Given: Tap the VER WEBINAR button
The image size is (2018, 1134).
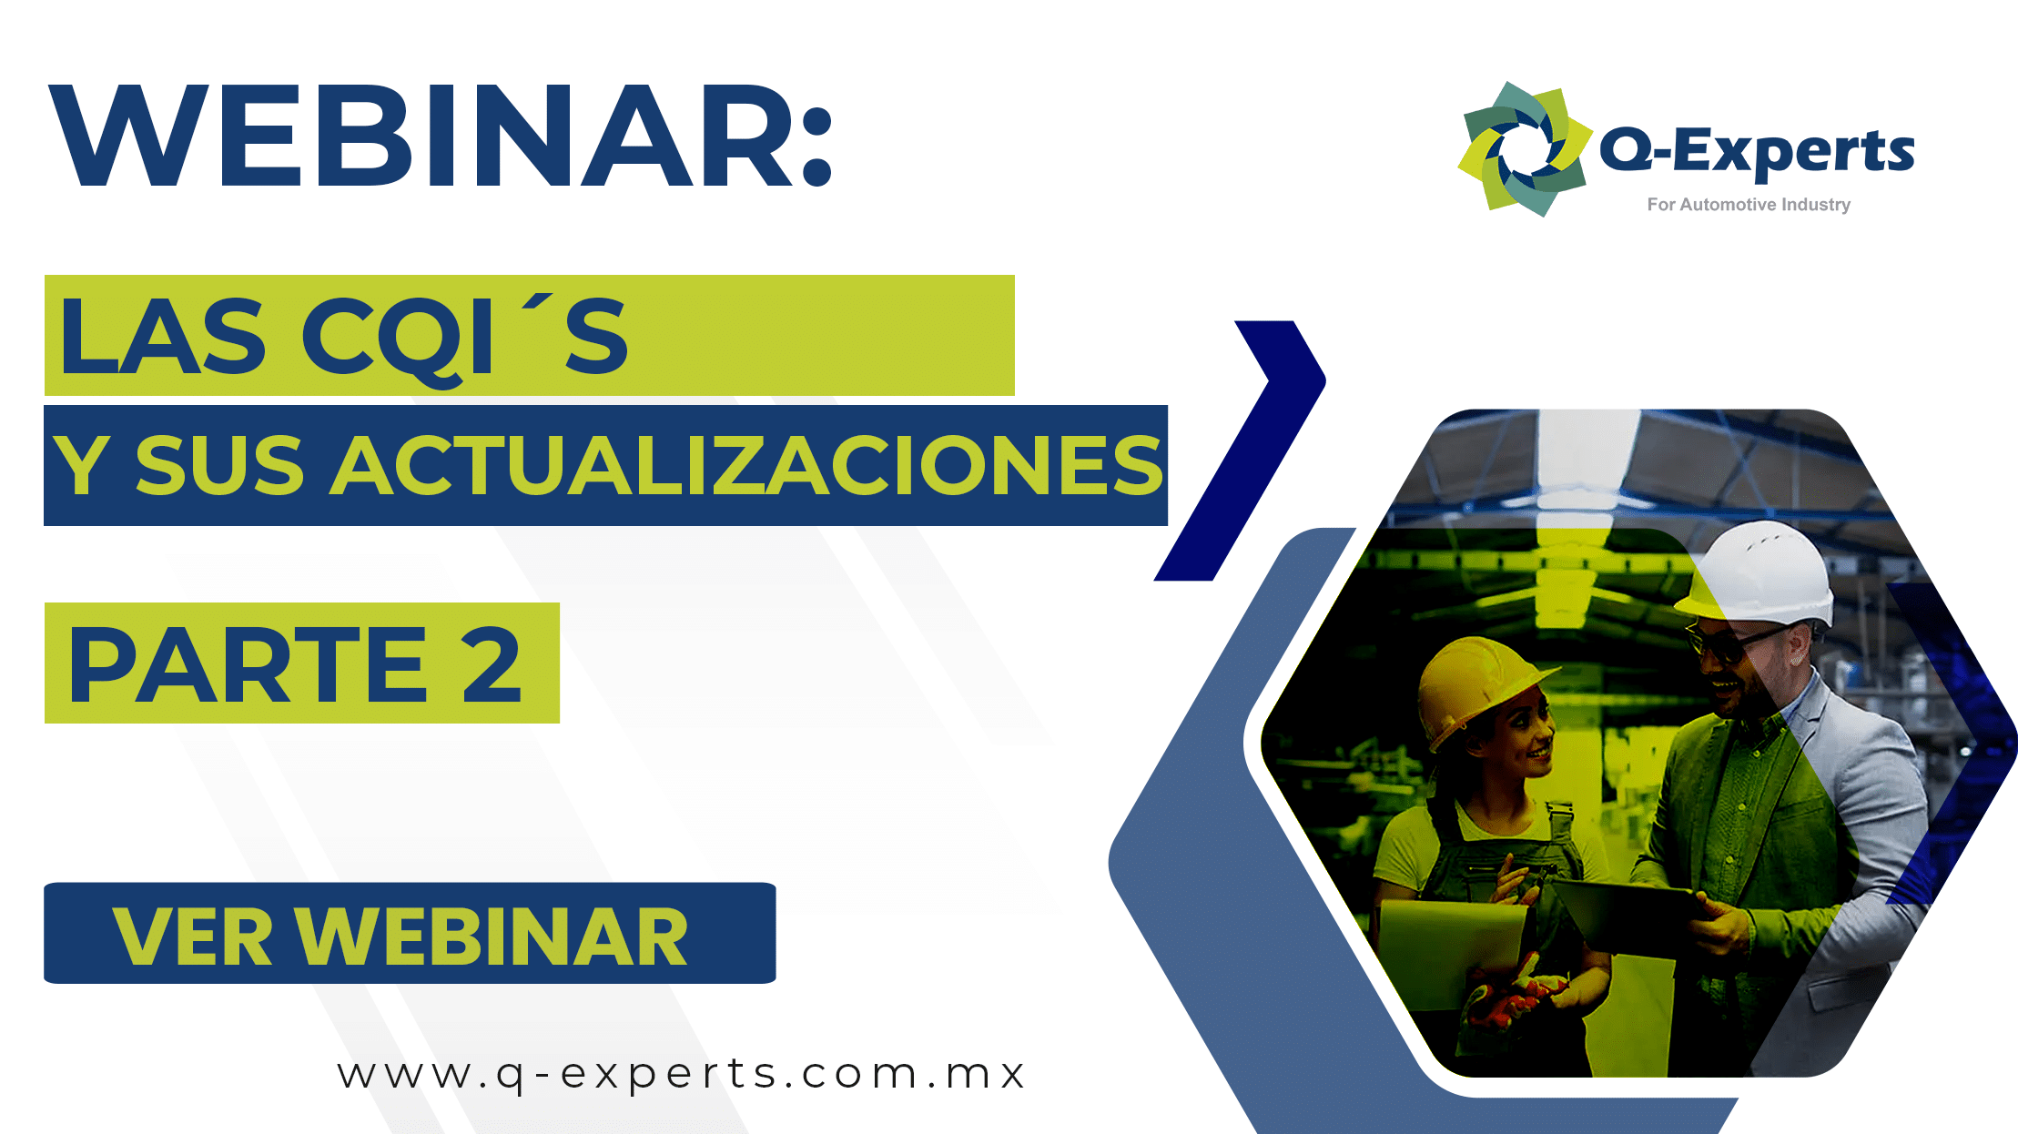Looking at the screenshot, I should coord(410,934).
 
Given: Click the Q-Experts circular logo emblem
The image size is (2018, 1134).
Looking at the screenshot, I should coord(1526,149).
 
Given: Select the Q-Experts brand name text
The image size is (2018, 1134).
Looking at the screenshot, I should coord(1757,151).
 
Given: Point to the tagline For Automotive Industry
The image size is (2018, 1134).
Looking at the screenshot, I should coord(1748,205).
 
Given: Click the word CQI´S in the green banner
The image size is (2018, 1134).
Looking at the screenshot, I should coord(464,337).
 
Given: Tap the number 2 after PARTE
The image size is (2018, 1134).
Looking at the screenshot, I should coord(491,665).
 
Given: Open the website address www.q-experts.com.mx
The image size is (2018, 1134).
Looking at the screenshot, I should coord(681,1074).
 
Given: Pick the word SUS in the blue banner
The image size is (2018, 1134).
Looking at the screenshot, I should coord(218,466).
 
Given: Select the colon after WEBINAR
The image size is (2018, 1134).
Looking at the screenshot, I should coord(817,146).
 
